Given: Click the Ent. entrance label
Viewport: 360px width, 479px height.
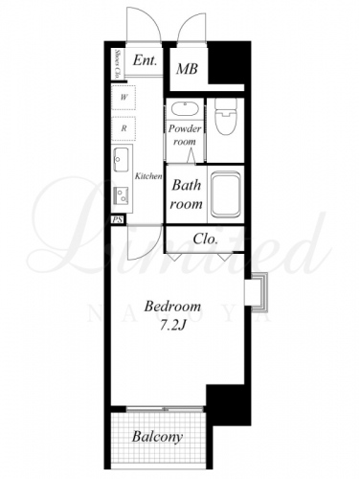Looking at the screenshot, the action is click(145, 60).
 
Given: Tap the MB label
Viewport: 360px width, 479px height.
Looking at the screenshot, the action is click(188, 69).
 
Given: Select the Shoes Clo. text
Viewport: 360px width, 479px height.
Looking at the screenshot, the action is click(117, 64).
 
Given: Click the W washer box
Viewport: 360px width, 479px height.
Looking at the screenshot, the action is click(124, 98).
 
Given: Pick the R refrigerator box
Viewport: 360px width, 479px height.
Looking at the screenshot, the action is click(124, 128).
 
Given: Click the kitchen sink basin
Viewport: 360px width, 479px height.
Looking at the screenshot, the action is click(121, 159).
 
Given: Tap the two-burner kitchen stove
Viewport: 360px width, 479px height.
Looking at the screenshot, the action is click(122, 195).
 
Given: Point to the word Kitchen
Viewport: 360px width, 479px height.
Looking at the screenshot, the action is click(148, 176).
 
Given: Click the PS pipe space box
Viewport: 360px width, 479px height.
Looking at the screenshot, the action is click(119, 219).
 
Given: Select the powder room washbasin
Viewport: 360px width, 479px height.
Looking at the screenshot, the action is click(185, 109).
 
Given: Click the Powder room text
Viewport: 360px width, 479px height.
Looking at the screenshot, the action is click(185, 135).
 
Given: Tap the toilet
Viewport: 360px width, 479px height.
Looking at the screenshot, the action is click(226, 115).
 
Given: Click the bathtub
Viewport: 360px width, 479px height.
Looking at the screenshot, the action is click(226, 194).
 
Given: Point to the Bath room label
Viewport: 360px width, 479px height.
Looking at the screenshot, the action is click(187, 194).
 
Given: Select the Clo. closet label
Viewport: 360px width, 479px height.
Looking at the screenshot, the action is click(206, 239).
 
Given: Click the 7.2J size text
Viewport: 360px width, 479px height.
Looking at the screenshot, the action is click(172, 325).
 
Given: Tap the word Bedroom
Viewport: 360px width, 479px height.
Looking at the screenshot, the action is click(172, 307).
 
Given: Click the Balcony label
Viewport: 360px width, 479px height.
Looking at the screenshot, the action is click(158, 437).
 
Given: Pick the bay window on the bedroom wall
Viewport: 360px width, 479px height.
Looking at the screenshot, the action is click(257, 292).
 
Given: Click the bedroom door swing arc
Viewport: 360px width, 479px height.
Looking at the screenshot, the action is click(149, 252).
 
